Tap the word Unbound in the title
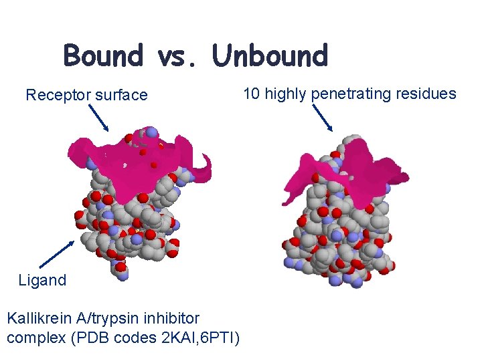click(x=270, y=56)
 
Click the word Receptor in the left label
click(x=58, y=96)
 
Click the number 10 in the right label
click(x=252, y=94)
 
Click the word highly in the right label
click(x=287, y=94)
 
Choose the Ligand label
click(x=42, y=280)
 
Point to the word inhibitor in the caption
click(x=169, y=317)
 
